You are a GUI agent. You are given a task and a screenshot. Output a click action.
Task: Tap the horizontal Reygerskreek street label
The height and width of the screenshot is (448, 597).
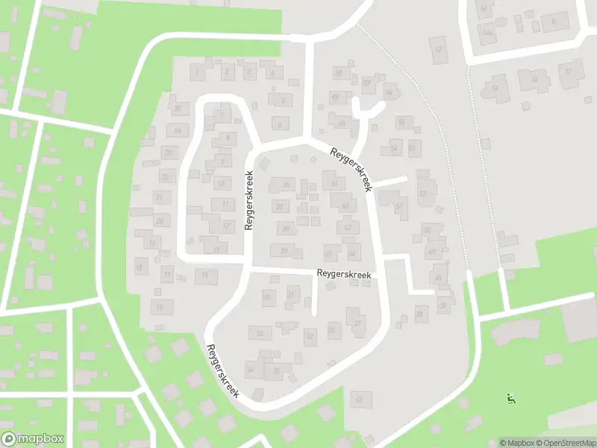pos(343,275)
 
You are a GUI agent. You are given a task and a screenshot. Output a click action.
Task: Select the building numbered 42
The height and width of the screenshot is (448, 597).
pos(345,205)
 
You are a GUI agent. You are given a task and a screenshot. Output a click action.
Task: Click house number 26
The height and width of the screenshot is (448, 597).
pos(284,184)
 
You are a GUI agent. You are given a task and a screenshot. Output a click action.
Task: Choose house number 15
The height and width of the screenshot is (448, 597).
pos(159,307)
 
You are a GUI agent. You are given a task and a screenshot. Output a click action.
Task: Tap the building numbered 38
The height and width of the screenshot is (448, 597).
pos(420,314)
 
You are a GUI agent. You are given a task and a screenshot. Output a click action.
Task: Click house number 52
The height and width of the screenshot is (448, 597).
pos(423,193)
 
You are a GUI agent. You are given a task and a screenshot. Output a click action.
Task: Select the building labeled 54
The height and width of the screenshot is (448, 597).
pos(395,149)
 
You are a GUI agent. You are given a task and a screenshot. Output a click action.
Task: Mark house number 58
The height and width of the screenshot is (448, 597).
pos(339,73)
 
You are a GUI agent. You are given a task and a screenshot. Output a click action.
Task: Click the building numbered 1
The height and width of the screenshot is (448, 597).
pos(196,72)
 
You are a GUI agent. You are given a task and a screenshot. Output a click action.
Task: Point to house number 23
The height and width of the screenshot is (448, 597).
pos(169,153)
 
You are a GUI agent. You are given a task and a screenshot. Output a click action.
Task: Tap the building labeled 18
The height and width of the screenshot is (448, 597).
pos(139,267)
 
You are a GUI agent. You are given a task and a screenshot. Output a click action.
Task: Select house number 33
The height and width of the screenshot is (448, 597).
pos(260,333)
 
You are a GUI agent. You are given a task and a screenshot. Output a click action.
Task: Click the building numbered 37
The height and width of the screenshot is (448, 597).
pos(358,323)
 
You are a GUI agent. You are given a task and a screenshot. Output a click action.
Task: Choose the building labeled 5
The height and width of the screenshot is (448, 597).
pos(554,22)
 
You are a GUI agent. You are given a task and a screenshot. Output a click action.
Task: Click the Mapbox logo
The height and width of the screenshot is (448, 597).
pos(33,439)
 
